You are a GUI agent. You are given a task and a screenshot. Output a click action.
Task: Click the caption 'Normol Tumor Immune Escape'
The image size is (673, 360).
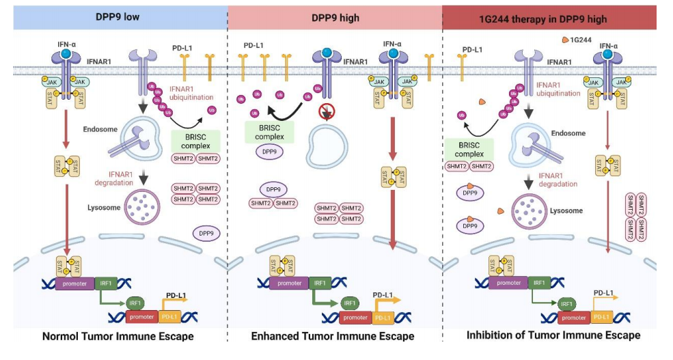pos(118,336)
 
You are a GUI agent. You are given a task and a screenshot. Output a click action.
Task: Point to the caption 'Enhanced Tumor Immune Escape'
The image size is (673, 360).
pos(333,336)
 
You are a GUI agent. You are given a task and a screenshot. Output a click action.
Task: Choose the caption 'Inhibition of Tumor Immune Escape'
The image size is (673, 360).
pos(553,335)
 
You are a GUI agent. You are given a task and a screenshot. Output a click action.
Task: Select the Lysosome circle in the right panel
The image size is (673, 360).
pos(532,212)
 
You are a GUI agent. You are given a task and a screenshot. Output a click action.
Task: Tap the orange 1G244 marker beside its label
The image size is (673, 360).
pos(566,40)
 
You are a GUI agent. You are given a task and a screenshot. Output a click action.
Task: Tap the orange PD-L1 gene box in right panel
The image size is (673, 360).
pos(601,317)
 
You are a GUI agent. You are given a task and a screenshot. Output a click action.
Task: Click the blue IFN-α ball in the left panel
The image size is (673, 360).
pos(65,53)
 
